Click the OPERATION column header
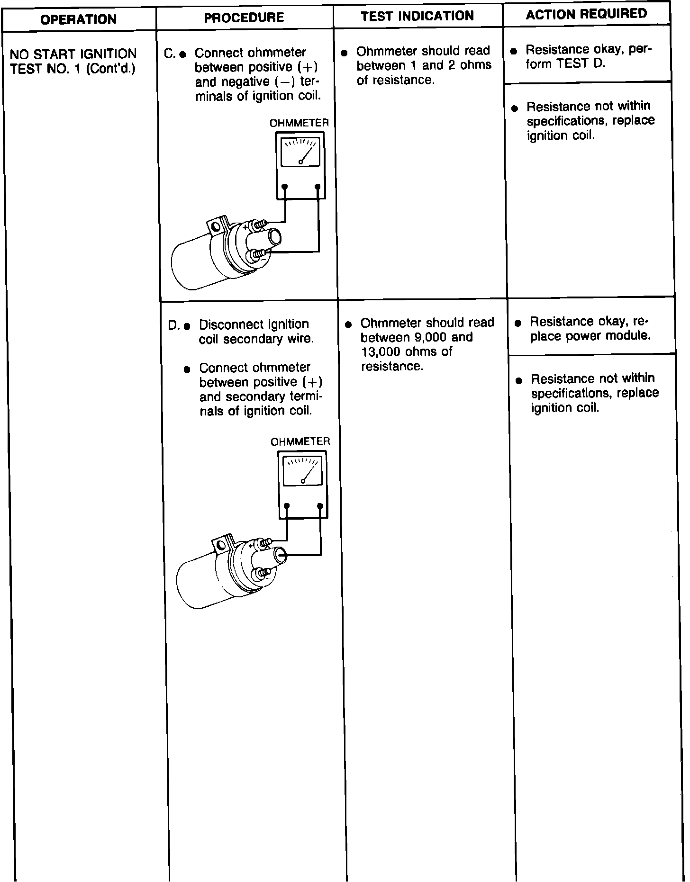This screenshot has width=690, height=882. (78, 19)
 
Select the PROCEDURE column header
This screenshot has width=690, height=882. (244, 18)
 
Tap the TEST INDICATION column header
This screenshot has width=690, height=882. (417, 16)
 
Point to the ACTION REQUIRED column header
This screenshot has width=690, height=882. (586, 14)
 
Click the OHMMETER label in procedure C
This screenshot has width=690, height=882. (299, 123)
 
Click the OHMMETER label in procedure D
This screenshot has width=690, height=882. (300, 441)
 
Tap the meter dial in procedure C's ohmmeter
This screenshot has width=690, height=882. (300, 152)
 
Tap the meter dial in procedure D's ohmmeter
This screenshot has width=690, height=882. (302, 471)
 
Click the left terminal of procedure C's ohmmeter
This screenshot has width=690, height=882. (284, 187)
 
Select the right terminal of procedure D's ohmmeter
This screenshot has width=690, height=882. (320, 506)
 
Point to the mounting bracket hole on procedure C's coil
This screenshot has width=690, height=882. (216, 226)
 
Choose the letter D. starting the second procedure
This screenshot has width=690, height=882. (173, 326)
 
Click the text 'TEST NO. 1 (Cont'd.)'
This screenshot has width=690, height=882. (73, 69)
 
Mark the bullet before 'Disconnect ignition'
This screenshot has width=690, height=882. (187, 326)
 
